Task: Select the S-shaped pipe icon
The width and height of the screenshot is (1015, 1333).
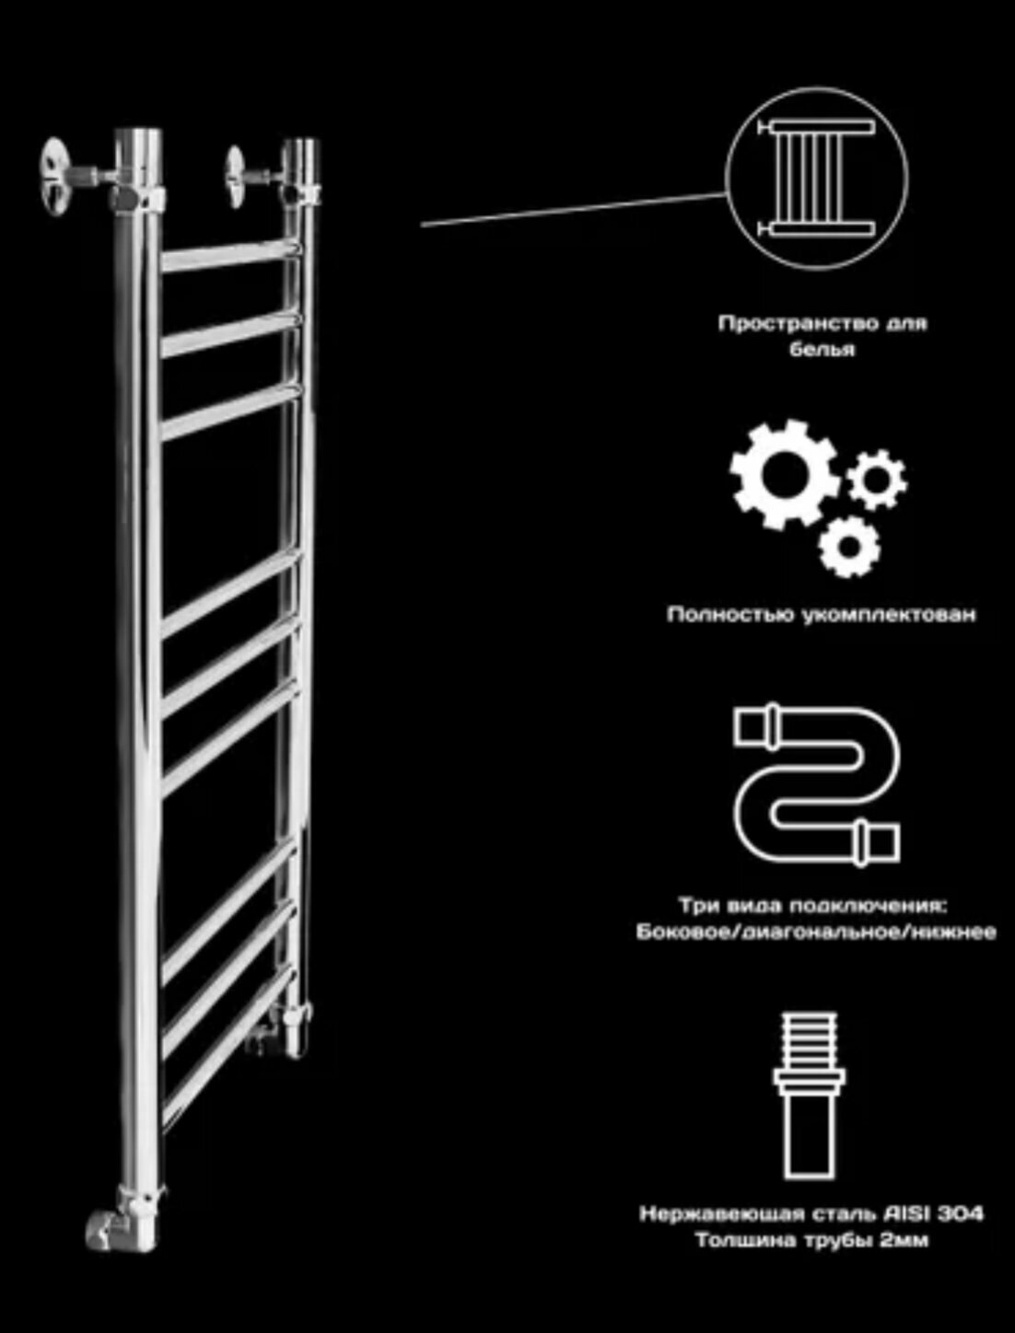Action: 816,785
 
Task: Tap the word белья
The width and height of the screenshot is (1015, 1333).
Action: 822,351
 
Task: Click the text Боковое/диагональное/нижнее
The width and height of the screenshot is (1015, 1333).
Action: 816,933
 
